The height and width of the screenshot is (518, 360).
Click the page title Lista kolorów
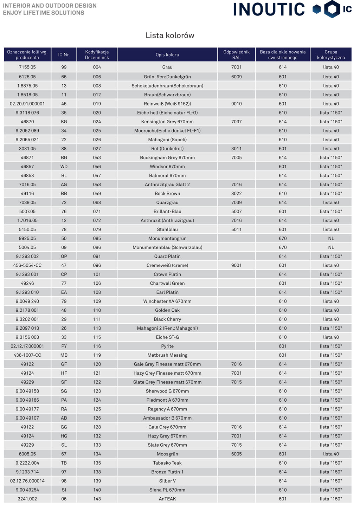pyautogui.click(x=170, y=35)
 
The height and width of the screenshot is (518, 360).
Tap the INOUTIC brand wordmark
pyautogui.click(x=269, y=9)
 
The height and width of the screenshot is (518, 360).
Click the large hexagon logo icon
pyautogui.click(x=332, y=9)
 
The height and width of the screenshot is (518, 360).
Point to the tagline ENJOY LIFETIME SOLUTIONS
pyautogui.click(x=44, y=13)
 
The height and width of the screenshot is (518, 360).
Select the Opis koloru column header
pyautogui.click(x=167, y=55)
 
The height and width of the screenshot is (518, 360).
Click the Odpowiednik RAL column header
pyautogui.click(x=236, y=55)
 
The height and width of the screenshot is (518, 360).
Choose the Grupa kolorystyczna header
pyautogui.click(x=331, y=55)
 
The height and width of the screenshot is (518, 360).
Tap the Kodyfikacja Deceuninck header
pyautogui.click(x=97, y=55)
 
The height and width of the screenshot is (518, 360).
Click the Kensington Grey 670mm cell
pyautogui.click(x=167, y=122)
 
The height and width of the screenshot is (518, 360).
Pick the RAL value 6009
pyautogui.click(x=236, y=77)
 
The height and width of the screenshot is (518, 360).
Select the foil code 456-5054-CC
pyautogui.click(x=27, y=265)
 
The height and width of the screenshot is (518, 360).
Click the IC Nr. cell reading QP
pyautogui.click(x=64, y=257)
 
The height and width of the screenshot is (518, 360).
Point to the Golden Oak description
pyautogui.click(x=167, y=310)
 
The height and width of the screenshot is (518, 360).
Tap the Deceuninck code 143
pyautogui.click(x=97, y=499)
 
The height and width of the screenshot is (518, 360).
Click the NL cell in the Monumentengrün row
pyautogui.click(x=331, y=238)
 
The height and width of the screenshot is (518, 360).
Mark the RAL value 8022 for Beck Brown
pyautogui.click(x=236, y=194)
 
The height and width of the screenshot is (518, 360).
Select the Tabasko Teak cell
pyautogui.click(x=167, y=463)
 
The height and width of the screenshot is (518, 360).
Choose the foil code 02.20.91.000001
pyautogui.click(x=27, y=104)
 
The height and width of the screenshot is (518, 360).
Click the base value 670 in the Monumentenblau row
pyautogui.click(x=283, y=247)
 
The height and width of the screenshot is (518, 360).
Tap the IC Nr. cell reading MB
pyautogui.click(x=64, y=355)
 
